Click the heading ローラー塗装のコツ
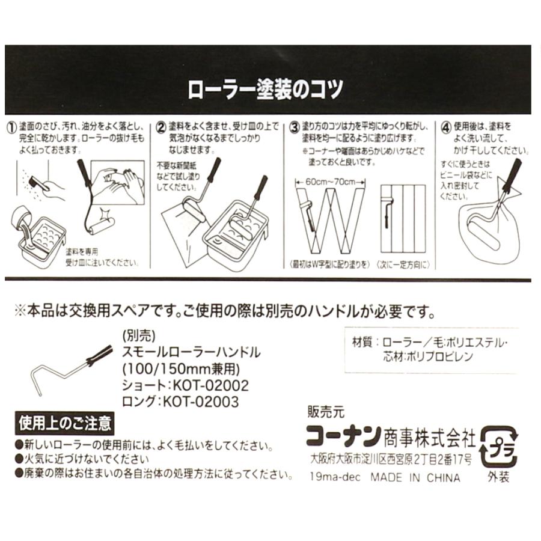(x=266, y=90)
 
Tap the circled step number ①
(x=11, y=128)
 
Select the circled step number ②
(x=161, y=128)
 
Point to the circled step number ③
(x=294, y=128)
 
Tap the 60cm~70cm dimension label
(x=330, y=181)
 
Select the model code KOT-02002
(x=210, y=385)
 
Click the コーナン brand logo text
(x=343, y=434)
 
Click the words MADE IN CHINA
(x=415, y=478)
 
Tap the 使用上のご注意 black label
(x=66, y=423)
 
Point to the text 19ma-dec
(x=334, y=478)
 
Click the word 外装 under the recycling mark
(x=499, y=478)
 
